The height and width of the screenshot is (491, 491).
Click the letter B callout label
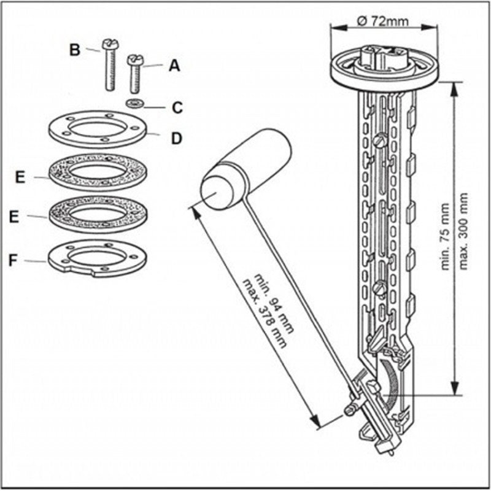(x=75, y=50)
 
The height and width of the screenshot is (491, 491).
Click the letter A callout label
(x=174, y=66)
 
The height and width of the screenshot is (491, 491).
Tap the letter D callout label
(x=176, y=138)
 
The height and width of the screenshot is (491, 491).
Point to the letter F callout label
(x=12, y=260)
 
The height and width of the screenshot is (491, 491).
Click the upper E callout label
(x=20, y=177)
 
